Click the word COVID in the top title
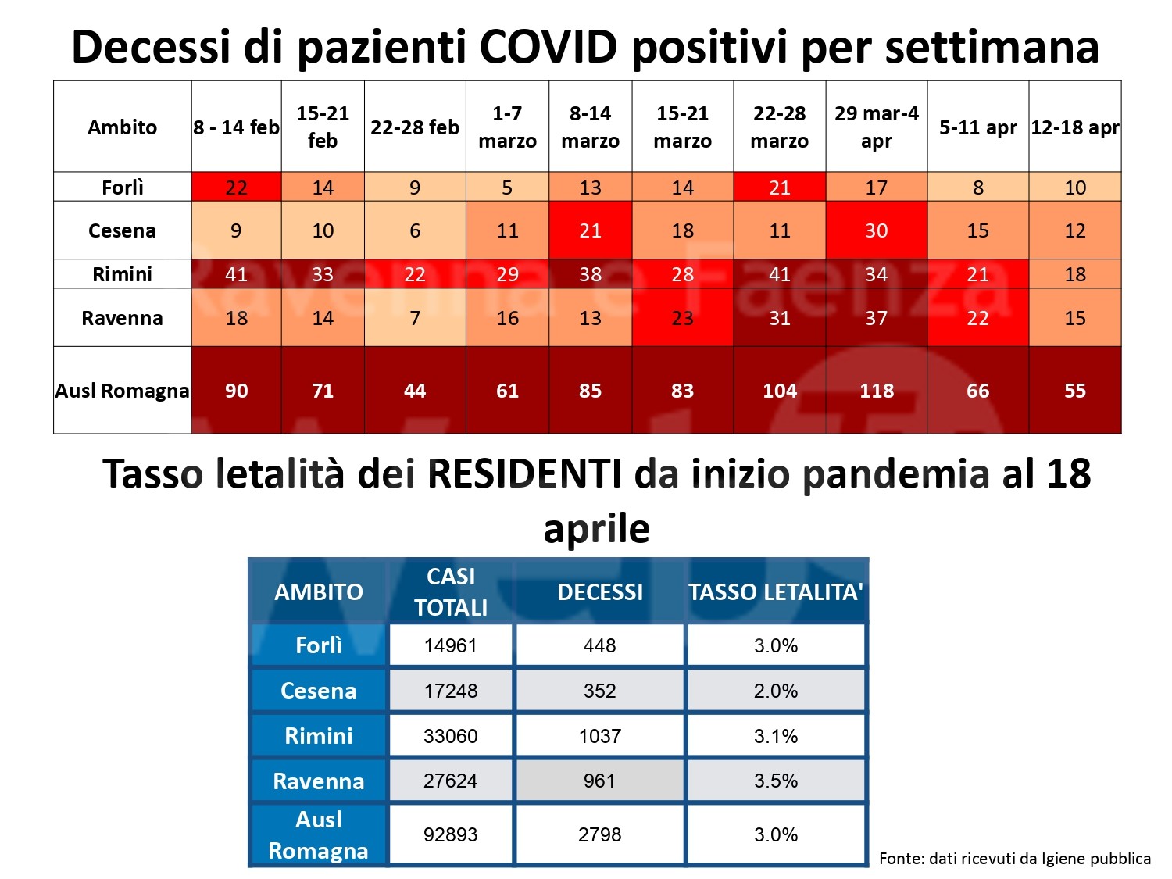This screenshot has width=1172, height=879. pos(549,46)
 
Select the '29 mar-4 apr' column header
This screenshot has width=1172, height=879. pos(876,127)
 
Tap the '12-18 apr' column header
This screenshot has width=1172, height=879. pos(1074,127)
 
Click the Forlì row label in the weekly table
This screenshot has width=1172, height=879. pos(123,188)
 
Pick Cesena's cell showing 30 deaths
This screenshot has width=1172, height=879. pos(876,230)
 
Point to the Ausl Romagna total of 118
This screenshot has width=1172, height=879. pos(876,391)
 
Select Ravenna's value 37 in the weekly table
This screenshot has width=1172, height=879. pos(876,318)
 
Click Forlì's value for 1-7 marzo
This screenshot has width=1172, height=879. pos(507,188)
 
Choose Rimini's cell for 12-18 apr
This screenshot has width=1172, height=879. pos(1074,274)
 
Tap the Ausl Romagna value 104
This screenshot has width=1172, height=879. pos(779,391)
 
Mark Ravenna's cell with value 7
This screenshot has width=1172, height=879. pos(415,318)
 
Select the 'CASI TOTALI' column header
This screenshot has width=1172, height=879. pos(451,591)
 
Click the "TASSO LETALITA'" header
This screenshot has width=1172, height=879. pos(776,591)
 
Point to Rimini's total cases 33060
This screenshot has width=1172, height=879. pos(451,736)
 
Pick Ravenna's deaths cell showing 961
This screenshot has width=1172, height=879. pos(599,781)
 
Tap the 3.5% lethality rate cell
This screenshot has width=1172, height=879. pos(776,781)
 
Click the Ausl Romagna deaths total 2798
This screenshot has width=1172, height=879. pos(599,834)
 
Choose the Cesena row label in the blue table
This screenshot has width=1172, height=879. pos(318,691)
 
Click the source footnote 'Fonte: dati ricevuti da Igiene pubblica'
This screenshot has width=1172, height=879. pos(1014,859)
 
